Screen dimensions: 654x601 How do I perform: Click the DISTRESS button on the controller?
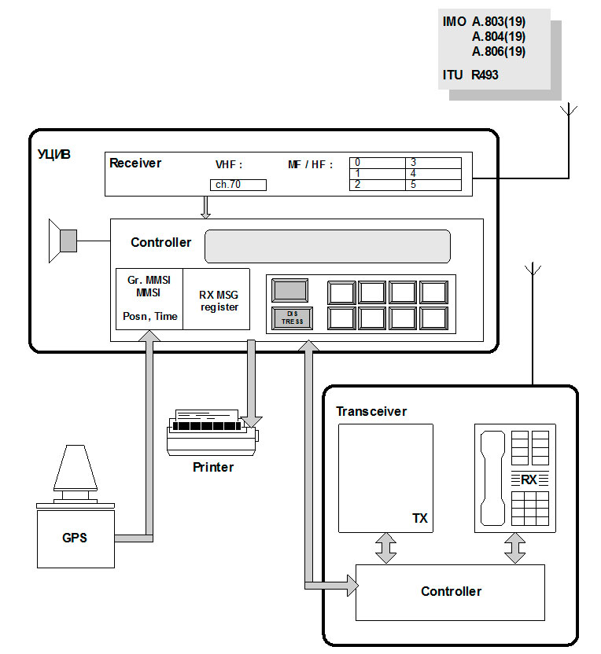[x=293, y=318]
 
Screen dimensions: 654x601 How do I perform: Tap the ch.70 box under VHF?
[x=238, y=186]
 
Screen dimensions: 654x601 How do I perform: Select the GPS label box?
[x=75, y=538]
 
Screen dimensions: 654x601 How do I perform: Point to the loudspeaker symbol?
[x=63, y=241]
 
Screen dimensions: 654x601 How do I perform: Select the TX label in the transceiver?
[x=420, y=519]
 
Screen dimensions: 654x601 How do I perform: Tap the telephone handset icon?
[x=492, y=479]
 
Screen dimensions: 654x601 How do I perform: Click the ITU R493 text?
[x=470, y=75]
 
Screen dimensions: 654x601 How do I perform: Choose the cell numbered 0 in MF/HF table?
[x=378, y=163]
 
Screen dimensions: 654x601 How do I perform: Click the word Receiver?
[x=135, y=163]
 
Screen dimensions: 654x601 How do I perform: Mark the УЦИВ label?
[x=54, y=154]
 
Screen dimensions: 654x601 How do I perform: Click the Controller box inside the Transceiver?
[x=450, y=592]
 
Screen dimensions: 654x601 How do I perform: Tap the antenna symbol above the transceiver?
[x=533, y=271]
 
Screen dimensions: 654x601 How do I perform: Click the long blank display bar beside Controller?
[x=327, y=246]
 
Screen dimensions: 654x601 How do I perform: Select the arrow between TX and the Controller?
[x=385, y=548]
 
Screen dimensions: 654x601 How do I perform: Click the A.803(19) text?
[x=499, y=22]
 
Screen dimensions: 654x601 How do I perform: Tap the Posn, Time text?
[x=149, y=316]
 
